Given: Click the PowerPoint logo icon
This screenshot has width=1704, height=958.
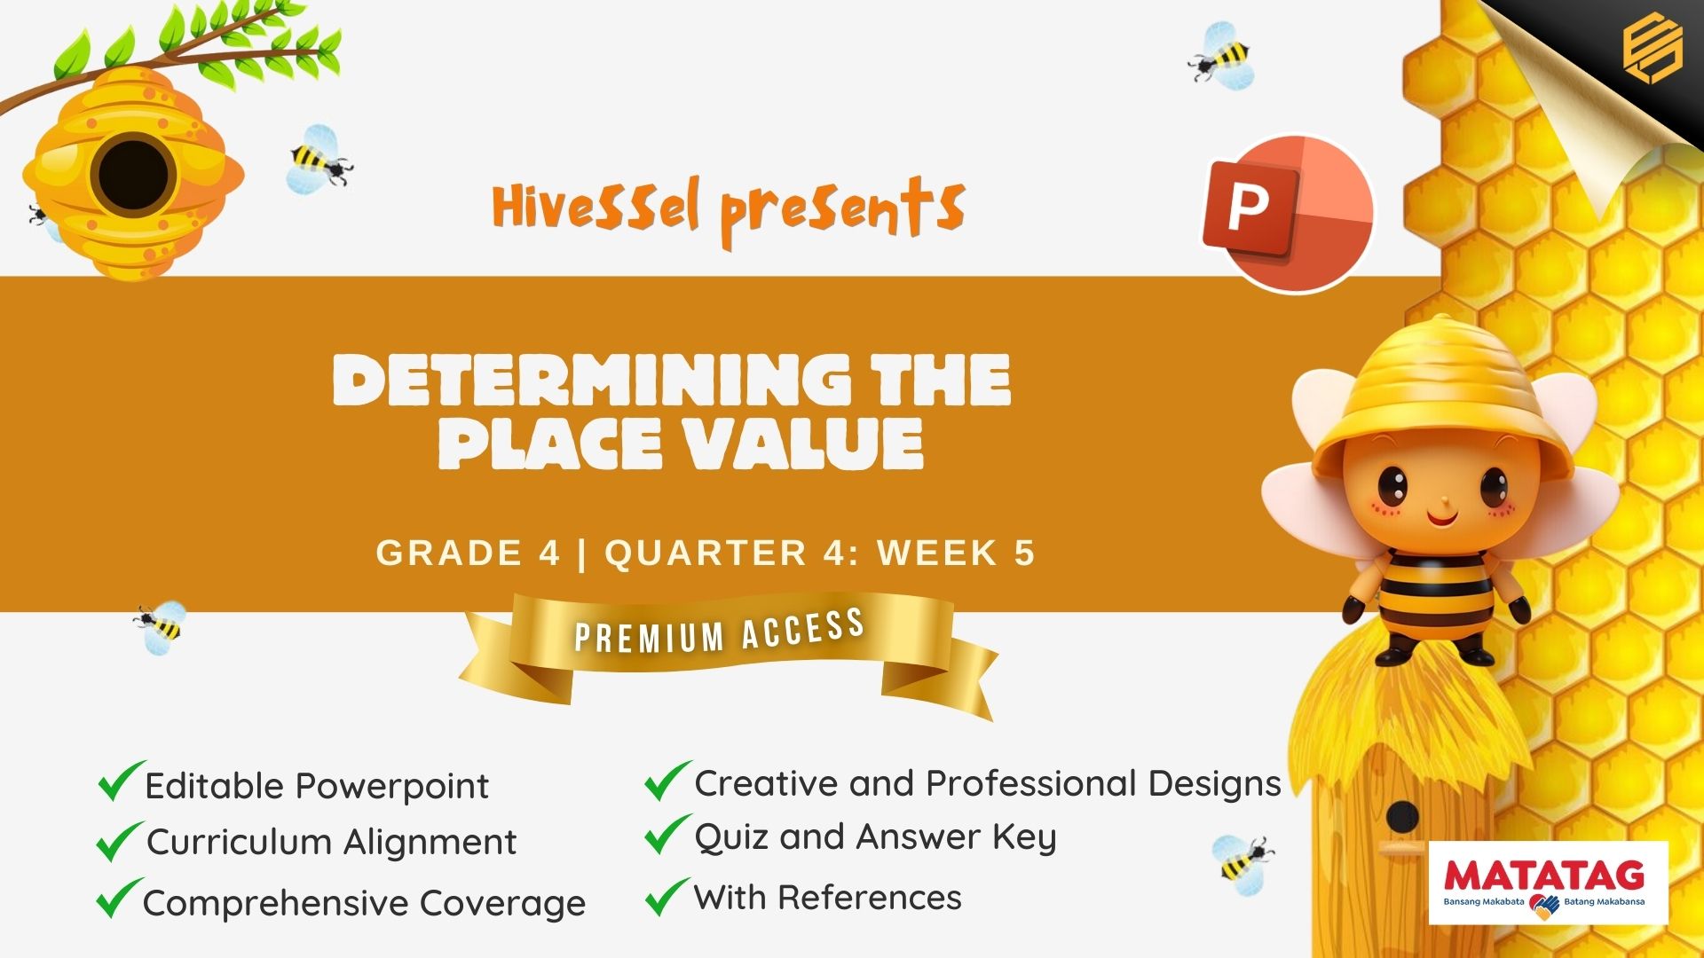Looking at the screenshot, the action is click(x=1288, y=214).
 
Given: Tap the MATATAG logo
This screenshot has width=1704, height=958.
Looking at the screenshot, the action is click(x=1549, y=883).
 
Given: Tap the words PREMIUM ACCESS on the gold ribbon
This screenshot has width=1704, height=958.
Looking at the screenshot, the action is click(x=720, y=632).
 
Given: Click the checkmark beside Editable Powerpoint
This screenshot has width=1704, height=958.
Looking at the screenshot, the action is click(x=121, y=781).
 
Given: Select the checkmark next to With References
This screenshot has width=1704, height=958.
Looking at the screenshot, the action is click(x=667, y=896).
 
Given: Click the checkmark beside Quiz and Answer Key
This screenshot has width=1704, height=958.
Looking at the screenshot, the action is click(x=667, y=835).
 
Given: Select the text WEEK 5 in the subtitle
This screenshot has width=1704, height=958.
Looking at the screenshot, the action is click(x=957, y=553).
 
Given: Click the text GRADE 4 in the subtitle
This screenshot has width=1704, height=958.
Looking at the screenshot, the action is click(x=469, y=553).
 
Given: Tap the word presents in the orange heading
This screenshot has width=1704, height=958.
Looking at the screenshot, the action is click(x=842, y=211).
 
